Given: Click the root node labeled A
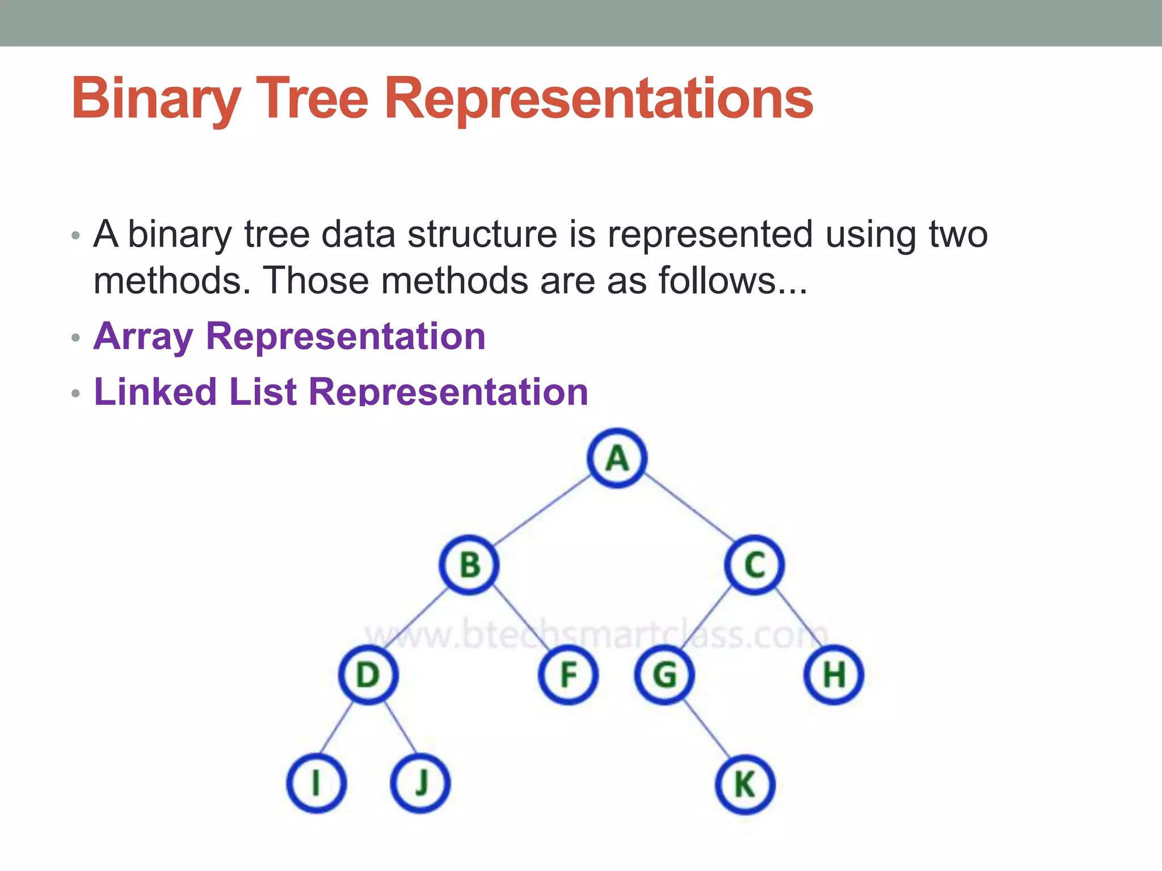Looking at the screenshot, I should [x=617, y=458].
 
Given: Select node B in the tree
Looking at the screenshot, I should [x=469, y=565].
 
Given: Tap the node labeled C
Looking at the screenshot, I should [x=755, y=565].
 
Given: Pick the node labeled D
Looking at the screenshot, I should [x=368, y=675].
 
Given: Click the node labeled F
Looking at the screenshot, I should [x=567, y=675].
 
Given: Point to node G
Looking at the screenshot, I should [x=664, y=675].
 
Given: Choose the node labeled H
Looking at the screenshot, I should [x=833, y=675].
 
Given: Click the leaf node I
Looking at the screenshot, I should [x=316, y=784].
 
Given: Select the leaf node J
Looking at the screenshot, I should [x=420, y=784].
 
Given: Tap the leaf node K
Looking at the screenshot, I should [x=744, y=785].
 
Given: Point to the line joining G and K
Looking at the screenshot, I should [x=706, y=730].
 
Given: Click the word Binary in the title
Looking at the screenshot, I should [x=156, y=100].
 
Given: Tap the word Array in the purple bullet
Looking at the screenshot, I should [x=144, y=336].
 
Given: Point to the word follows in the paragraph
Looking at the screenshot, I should [x=717, y=281].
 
